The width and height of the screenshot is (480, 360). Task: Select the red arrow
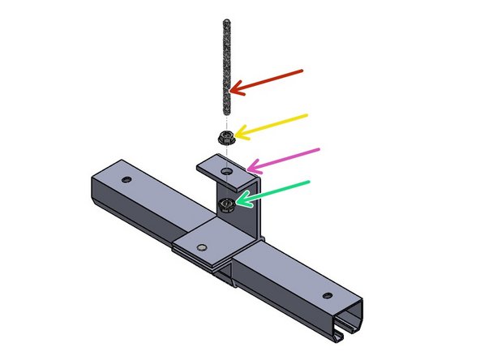268,81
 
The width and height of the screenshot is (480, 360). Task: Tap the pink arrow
284,159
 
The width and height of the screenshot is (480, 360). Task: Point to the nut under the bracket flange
227,202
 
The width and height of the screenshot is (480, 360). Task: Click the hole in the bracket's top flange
227,171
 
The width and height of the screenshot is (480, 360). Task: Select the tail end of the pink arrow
319,149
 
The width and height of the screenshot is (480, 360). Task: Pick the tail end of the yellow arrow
307,116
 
